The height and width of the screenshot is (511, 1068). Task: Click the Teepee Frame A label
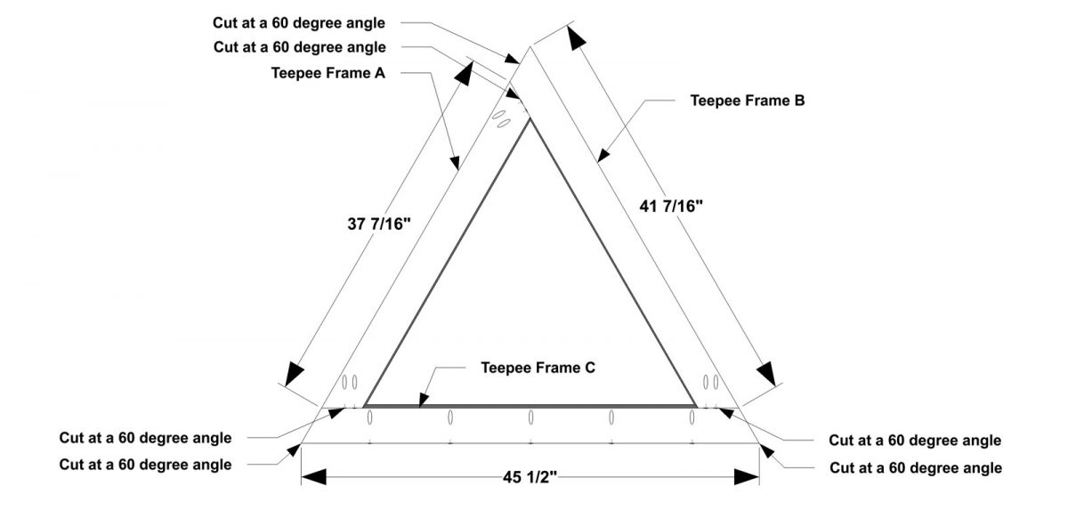(x=328, y=73)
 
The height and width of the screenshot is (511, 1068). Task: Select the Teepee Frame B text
(x=748, y=101)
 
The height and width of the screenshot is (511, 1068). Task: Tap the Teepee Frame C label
(x=538, y=368)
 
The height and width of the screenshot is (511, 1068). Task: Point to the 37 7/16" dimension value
(x=379, y=223)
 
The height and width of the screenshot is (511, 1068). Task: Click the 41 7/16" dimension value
(x=671, y=207)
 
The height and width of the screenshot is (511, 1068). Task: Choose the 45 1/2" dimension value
(x=530, y=477)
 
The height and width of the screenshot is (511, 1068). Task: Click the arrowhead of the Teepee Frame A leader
(x=455, y=162)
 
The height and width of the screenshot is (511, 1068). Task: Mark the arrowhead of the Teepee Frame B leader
(x=603, y=156)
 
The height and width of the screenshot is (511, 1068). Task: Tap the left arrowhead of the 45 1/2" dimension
(x=313, y=476)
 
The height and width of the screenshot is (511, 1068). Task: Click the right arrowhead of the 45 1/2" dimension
(x=747, y=476)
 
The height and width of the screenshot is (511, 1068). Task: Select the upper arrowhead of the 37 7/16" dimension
(x=465, y=73)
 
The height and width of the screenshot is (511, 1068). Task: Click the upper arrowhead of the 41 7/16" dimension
(x=576, y=38)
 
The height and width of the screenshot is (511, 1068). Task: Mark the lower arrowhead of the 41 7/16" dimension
(x=766, y=374)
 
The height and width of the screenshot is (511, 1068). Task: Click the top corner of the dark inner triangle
(x=530, y=118)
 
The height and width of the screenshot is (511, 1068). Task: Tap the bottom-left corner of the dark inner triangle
(x=365, y=406)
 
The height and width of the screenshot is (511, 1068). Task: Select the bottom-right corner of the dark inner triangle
(x=695, y=406)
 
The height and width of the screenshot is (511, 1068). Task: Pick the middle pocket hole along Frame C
(x=530, y=418)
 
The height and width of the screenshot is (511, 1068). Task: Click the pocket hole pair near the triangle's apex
(x=501, y=118)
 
